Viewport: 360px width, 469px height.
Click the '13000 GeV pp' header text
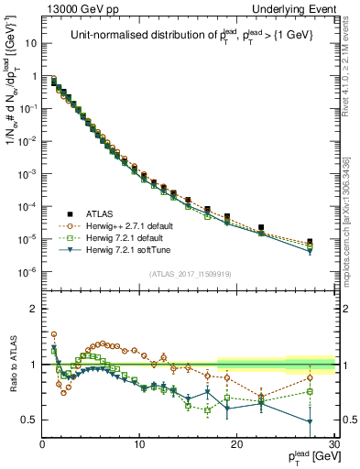[80, 8]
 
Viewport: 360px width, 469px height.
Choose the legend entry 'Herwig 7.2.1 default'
[121, 237]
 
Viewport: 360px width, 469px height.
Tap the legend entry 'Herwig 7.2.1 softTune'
[123, 250]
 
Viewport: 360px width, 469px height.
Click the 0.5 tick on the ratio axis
[29, 420]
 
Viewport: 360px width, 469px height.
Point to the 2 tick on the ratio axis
[33, 309]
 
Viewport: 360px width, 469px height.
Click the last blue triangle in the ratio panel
[310, 422]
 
